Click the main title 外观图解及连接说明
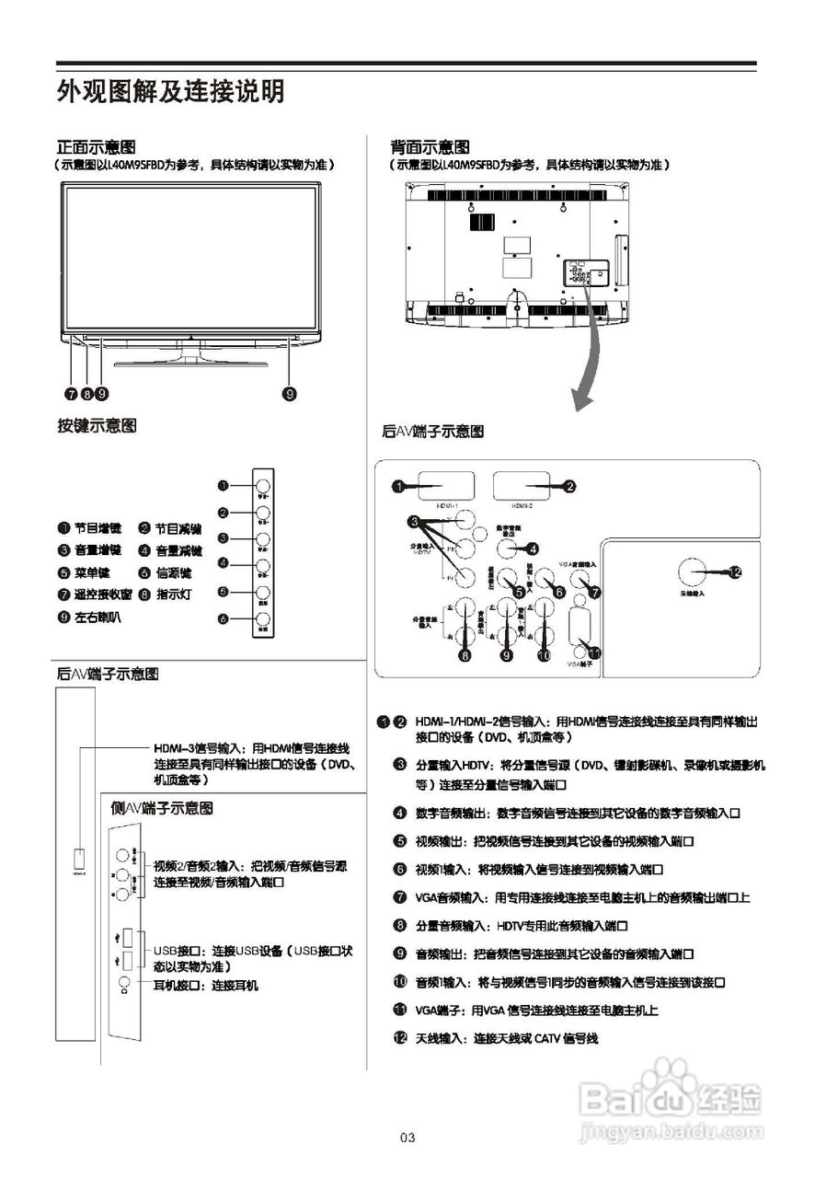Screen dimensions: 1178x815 click(x=170, y=92)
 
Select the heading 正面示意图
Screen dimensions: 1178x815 click(x=97, y=146)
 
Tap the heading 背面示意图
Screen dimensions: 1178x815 click(x=430, y=146)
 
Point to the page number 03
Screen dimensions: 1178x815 click(x=407, y=1138)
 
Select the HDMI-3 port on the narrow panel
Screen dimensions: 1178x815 click(x=78, y=856)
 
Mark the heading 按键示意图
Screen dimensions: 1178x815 click(x=97, y=425)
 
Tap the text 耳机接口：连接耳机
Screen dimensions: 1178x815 click(x=205, y=985)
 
